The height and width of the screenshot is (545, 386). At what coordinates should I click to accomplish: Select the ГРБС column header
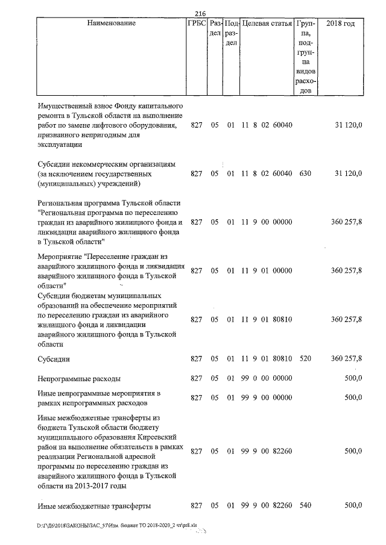196,23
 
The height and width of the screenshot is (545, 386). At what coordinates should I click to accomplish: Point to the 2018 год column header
340,23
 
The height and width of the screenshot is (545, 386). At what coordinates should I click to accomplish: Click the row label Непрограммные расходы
79,379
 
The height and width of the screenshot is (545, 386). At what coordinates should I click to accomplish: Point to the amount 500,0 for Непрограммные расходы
352,379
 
